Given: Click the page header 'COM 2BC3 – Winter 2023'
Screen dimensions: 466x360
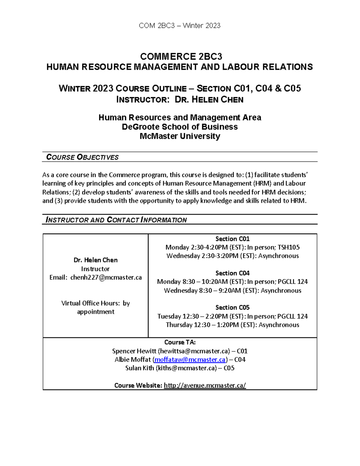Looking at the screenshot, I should tap(180, 26).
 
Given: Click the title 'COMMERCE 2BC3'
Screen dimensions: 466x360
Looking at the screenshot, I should tap(181, 56).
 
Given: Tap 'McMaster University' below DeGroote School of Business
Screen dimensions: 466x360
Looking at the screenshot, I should tap(180, 136).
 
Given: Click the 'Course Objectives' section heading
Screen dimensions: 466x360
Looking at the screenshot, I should tap(82, 157).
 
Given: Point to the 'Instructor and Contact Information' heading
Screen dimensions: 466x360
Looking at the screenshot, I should tap(116, 220).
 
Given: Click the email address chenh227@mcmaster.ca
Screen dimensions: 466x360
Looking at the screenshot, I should tap(106, 278).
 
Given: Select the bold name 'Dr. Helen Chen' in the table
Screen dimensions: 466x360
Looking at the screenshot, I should tap(95, 260).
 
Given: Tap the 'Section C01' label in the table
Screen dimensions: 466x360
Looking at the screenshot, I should tap(232, 239).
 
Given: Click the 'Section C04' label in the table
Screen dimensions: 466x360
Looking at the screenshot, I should tap(232, 273).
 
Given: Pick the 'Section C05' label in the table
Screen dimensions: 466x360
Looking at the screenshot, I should tap(232, 308).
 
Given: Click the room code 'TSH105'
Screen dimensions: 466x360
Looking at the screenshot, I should tap(289, 248).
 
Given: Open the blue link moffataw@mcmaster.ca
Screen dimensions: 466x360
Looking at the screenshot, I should tap(190, 359).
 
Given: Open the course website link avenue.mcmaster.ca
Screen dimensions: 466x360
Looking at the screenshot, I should tap(205, 386).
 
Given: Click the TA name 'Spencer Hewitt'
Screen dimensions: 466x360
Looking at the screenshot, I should tap(134, 351).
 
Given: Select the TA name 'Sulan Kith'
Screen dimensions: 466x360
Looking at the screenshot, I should tap(139, 368).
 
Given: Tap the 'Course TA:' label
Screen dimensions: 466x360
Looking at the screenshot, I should tap(180, 342).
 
